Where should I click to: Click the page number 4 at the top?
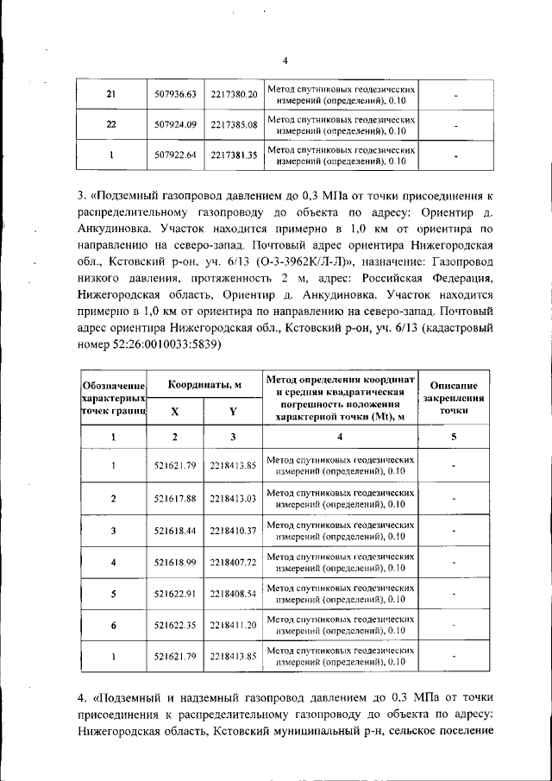(285, 60)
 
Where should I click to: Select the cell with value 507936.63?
(176, 93)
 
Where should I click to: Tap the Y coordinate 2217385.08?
(234, 124)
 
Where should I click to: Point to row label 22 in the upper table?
(111, 124)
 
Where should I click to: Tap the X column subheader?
(175, 413)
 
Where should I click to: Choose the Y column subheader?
(234, 413)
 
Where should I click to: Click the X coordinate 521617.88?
(176, 498)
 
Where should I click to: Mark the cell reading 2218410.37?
(234, 530)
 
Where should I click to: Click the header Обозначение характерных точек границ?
(112, 399)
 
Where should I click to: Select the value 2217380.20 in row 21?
(234, 93)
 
